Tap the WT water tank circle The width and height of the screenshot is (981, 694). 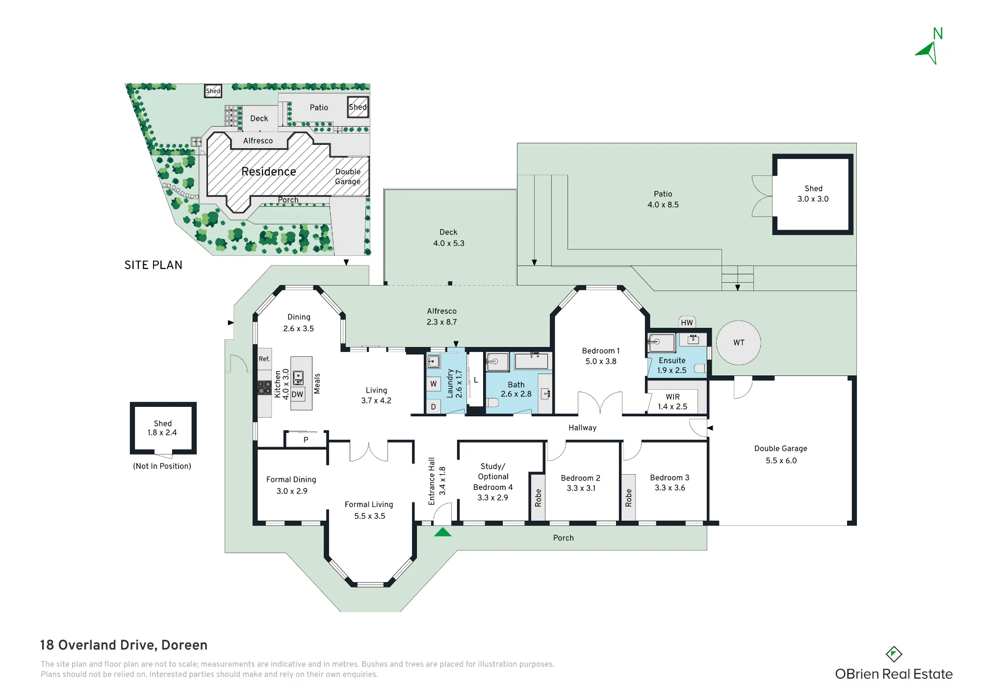[x=739, y=343]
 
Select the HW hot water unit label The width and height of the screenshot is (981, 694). [x=687, y=322]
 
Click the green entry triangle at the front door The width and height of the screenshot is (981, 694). [x=442, y=532]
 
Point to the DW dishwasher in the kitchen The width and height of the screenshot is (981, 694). [x=297, y=394]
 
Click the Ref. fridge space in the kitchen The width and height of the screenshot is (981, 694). [x=264, y=359]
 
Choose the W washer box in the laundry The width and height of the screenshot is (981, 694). [x=434, y=384]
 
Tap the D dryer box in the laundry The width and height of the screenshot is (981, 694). [x=434, y=407]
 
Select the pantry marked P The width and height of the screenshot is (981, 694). [x=306, y=439]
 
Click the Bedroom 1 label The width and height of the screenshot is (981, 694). [x=601, y=350]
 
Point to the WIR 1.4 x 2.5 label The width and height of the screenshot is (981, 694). [x=672, y=401]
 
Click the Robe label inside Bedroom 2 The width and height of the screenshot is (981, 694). [x=538, y=498]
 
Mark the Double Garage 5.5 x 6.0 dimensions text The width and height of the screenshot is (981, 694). [x=781, y=460]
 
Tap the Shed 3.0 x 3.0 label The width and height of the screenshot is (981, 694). [x=813, y=193]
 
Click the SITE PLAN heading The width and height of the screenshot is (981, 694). [x=153, y=265]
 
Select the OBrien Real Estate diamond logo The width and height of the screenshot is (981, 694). [x=894, y=654]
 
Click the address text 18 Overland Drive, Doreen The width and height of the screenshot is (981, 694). [x=124, y=645]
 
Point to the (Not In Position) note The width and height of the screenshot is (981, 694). [x=162, y=466]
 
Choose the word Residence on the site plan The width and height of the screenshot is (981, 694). [x=269, y=171]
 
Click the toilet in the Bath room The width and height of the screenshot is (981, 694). [x=493, y=402]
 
